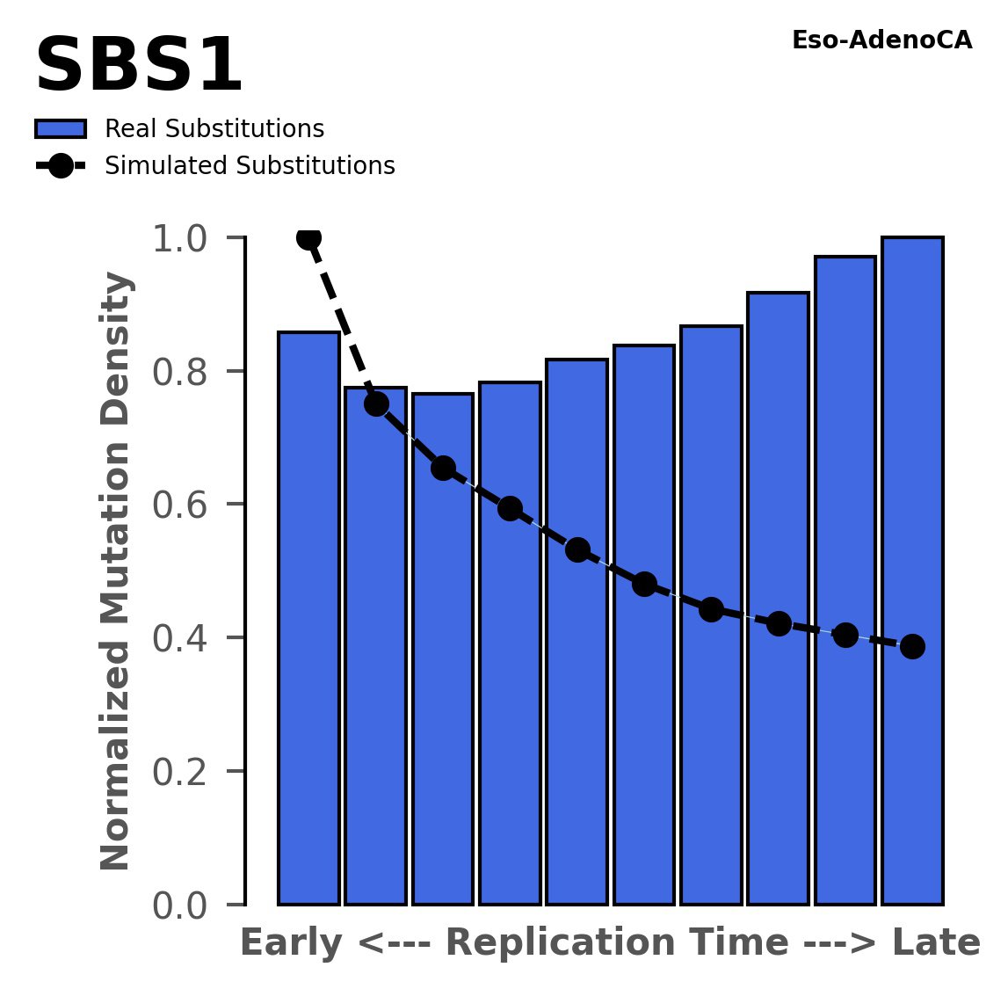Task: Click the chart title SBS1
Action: pos(138,67)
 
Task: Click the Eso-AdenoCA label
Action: pos(881,40)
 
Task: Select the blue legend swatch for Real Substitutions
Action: pos(61,129)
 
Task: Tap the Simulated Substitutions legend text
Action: pos(250,166)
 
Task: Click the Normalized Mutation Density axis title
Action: pos(116,571)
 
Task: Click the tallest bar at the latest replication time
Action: pos(912,571)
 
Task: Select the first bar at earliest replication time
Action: pos(308,615)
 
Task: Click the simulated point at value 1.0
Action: pos(308,237)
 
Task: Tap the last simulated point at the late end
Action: pos(912,646)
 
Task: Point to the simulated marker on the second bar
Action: pos(376,404)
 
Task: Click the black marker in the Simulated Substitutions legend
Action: pos(60,166)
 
